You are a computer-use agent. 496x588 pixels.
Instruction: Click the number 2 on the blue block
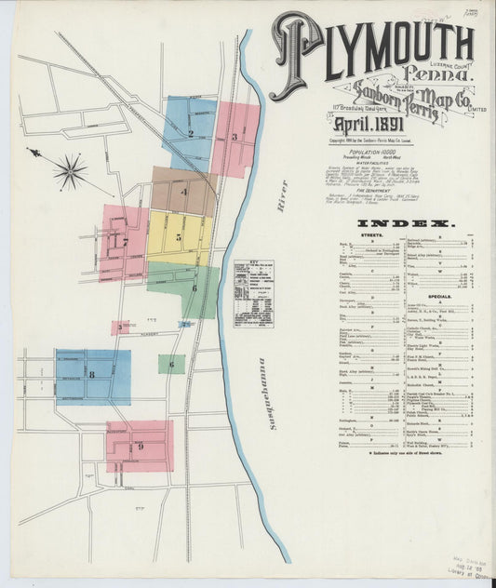(x=190, y=133)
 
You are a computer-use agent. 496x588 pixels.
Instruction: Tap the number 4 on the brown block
(x=184, y=193)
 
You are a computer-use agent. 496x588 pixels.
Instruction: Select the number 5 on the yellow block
(x=178, y=237)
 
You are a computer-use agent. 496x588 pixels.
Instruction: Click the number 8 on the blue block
(x=92, y=374)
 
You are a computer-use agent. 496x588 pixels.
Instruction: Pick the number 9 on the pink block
(x=140, y=446)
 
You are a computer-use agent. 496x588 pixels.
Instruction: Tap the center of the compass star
(x=70, y=171)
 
